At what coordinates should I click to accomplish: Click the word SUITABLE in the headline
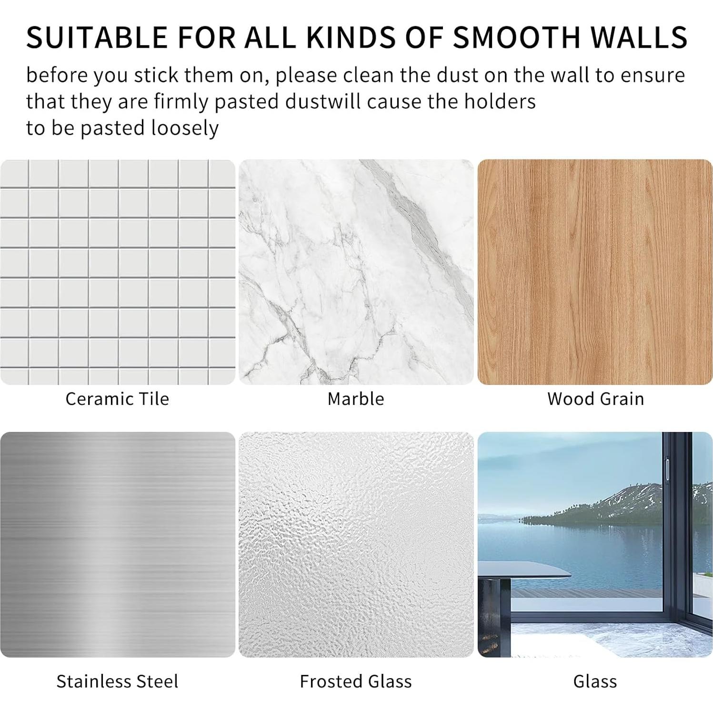click(97, 37)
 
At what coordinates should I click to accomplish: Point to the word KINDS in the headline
click(351, 37)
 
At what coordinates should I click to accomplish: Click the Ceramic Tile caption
click(117, 399)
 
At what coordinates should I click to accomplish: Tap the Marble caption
click(356, 399)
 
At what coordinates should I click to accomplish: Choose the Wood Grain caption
click(595, 399)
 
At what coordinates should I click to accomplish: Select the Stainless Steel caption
click(117, 681)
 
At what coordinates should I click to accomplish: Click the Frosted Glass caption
click(356, 681)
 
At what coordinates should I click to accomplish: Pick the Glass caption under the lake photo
click(595, 681)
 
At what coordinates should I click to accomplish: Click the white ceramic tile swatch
click(118, 272)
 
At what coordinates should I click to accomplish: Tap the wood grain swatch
click(595, 272)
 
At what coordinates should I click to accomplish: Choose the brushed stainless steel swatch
click(118, 544)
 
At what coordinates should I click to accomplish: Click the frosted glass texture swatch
click(356, 544)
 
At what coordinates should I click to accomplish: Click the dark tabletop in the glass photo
click(524, 570)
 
